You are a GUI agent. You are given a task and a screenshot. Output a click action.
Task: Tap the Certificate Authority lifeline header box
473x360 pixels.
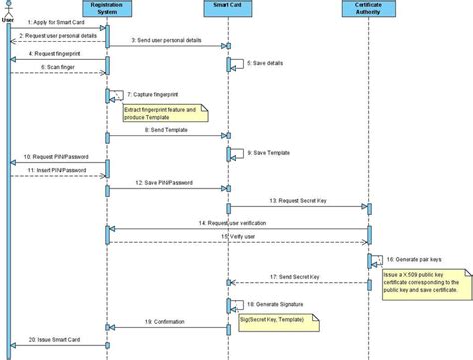[x=369, y=9]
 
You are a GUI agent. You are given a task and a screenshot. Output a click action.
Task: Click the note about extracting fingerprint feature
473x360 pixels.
[x=164, y=110]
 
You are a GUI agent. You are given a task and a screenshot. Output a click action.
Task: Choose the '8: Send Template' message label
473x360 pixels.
[x=166, y=130]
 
